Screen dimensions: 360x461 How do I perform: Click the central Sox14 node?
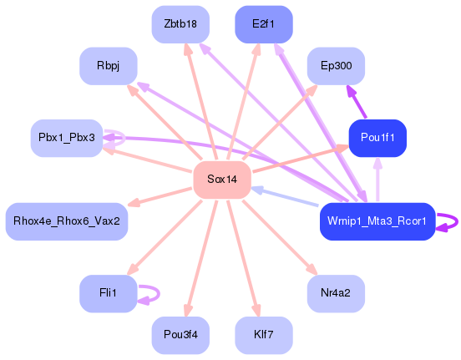click(x=222, y=180)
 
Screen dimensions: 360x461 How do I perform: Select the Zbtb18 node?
click(x=180, y=24)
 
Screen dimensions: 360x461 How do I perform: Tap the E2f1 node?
click(x=264, y=24)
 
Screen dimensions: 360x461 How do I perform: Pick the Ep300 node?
click(x=336, y=65)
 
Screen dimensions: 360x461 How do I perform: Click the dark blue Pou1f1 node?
click(x=377, y=138)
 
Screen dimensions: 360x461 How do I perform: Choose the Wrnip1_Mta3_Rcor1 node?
click(x=377, y=221)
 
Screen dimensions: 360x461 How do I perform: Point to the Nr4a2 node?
click(x=336, y=293)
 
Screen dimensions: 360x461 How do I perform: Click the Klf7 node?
click(x=264, y=334)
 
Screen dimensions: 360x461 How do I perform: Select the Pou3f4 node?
click(x=180, y=334)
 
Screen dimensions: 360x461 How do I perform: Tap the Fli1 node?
click(x=108, y=293)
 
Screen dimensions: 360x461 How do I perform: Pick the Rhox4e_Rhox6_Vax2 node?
click(x=66, y=221)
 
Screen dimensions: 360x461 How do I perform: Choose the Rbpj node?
click(x=108, y=65)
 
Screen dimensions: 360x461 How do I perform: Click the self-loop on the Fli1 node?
click(x=150, y=293)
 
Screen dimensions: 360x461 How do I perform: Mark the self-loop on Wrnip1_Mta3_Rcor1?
click(x=449, y=221)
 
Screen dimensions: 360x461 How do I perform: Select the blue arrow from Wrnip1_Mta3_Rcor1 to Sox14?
click(x=285, y=197)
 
